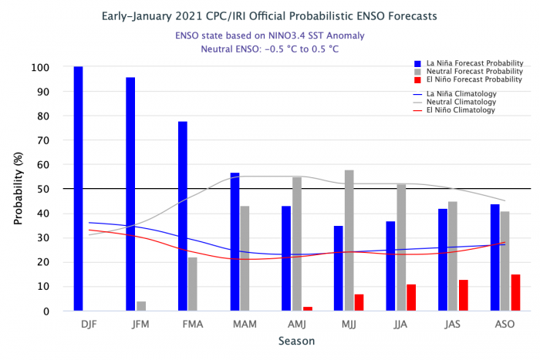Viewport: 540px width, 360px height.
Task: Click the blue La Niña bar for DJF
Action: click(x=79, y=189)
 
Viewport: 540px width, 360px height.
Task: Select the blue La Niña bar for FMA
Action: click(x=183, y=216)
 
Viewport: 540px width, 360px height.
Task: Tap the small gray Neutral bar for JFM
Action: click(x=141, y=306)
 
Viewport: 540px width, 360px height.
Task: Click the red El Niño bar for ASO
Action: click(x=515, y=293)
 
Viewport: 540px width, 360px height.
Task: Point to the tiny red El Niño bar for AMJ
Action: click(x=307, y=308)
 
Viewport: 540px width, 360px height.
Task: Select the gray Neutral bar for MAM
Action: click(x=245, y=258)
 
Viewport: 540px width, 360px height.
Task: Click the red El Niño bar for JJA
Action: click(x=411, y=298)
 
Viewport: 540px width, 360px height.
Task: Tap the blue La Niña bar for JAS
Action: click(x=443, y=260)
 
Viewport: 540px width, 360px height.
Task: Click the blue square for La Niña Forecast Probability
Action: click(x=417, y=62)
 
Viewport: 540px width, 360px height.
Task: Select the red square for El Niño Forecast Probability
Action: click(x=417, y=79)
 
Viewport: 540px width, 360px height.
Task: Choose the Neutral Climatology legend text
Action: click(x=461, y=102)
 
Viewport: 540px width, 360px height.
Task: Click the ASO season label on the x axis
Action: click(x=505, y=325)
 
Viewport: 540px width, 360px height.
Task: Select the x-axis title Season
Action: click(x=296, y=340)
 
